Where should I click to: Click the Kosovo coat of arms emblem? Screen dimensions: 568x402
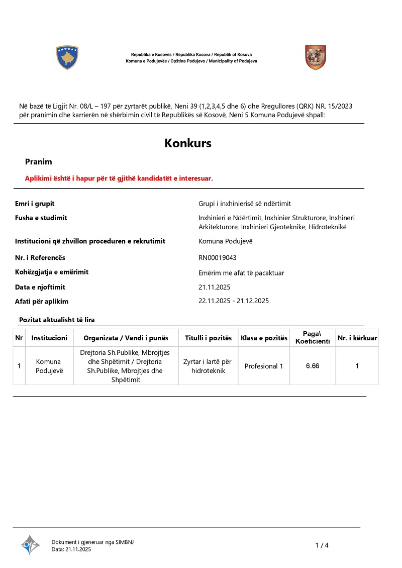pos(67,57)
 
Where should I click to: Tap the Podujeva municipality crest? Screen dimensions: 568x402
pos(316,57)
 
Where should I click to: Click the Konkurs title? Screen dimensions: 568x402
pos(188,143)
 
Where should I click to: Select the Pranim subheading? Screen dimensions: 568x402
pos(39,162)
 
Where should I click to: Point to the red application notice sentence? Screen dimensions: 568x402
pos(119,178)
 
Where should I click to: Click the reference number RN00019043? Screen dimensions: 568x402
pos(218,258)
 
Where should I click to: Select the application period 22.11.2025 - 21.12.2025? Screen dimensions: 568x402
pos(234,301)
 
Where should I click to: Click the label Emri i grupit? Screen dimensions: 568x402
pos(35,204)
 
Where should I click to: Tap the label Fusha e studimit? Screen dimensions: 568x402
pos(41,218)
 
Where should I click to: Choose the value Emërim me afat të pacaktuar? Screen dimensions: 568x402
pos(241,273)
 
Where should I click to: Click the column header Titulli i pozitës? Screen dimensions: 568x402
pos(208,338)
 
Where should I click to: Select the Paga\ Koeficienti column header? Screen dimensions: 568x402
pos(313,338)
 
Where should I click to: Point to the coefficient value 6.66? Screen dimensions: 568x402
pos(313,366)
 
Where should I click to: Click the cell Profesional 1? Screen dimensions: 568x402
pos(264,366)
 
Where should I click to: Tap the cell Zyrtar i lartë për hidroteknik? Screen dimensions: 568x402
pos(208,366)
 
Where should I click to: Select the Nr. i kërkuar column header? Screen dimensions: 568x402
pos(357,338)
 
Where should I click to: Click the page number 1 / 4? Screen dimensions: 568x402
pos(322,545)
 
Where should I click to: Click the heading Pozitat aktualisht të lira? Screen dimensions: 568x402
pos(57,320)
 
